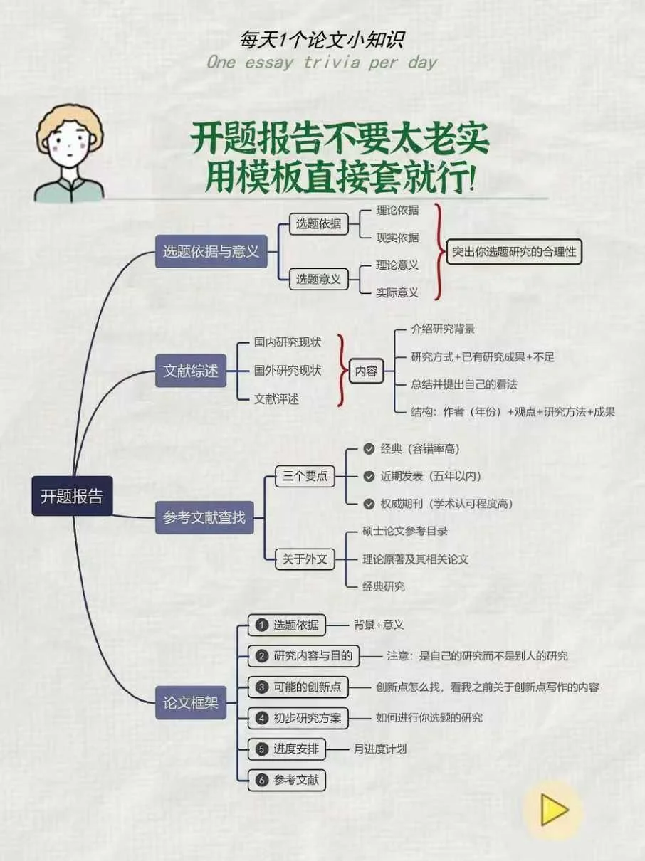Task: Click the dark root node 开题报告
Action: click(x=72, y=496)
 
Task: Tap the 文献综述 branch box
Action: click(x=190, y=371)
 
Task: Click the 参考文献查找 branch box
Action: click(x=204, y=517)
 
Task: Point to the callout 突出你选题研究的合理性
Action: click(x=514, y=251)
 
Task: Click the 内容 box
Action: click(x=366, y=371)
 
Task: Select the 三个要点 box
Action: click(x=305, y=476)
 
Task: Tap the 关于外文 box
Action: click(x=305, y=559)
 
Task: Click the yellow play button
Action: click(x=553, y=810)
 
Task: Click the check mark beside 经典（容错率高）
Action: click(x=369, y=448)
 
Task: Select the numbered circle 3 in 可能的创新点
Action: click(x=261, y=687)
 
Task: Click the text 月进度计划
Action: click(x=379, y=749)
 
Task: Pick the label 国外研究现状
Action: click(x=288, y=371)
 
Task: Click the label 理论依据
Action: click(x=397, y=210)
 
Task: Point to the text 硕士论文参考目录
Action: click(x=405, y=531)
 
